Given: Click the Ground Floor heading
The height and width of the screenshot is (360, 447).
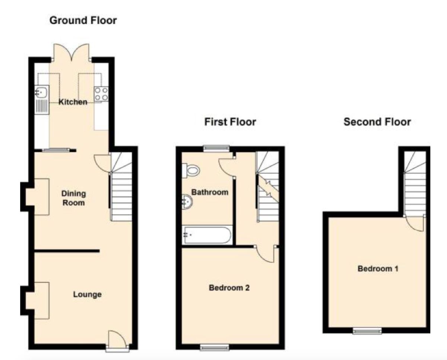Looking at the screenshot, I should [x=83, y=20].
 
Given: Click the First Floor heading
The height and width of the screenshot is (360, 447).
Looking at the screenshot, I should [x=230, y=122].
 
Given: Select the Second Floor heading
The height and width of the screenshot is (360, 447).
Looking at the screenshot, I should [x=377, y=122].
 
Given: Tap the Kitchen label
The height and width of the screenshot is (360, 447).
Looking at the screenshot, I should [x=73, y=102].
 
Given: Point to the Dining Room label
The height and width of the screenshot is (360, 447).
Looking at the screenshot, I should [x=73, y=198].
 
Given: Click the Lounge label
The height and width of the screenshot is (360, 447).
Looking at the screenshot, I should [x=87, y=295].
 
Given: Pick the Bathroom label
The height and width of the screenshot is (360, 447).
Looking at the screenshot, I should [x=210, y=192].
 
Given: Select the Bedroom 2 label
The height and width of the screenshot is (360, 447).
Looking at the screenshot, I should [x=229, y=288].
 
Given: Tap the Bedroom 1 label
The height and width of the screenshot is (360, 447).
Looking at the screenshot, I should [x=378, y=268].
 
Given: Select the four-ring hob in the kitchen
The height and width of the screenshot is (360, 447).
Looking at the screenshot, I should [x=101, y=93].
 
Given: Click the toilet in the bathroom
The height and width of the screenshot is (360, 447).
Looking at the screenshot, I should [x=191, y=171].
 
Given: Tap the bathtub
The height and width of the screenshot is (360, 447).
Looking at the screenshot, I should [x=207, y=235].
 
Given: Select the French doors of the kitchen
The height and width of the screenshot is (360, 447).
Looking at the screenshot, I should [x=72, y=52].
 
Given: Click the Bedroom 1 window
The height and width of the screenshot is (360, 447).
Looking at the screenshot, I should [x=367, y=331].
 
